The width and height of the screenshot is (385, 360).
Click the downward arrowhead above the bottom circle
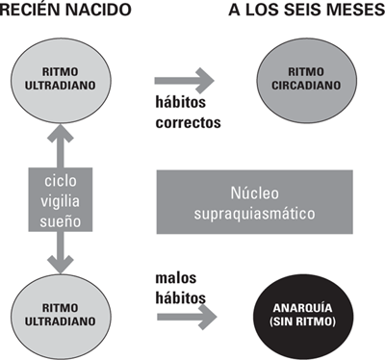(64, 260)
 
